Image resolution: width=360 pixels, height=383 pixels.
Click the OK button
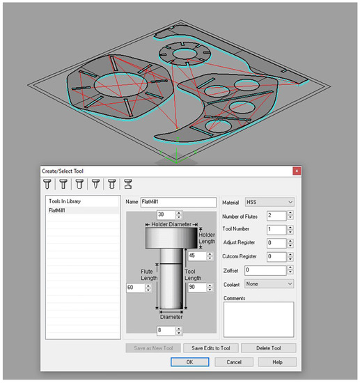pyautogui.click(x=190, y=362)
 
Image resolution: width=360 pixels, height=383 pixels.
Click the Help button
pyautogui.click(x=277, y=362)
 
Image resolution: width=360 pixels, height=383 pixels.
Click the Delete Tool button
pyautogui.click(x=268, y=348)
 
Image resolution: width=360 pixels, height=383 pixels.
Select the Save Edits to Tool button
pyautogui.click(x=211, y=348)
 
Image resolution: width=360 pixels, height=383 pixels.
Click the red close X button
pyautogui.click(x=297, y=171)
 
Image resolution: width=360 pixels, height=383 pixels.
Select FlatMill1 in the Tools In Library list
pyautogui.click(x=57, y=210)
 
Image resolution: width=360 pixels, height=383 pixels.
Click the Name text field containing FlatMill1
pyautogui.click(x=178, y=202)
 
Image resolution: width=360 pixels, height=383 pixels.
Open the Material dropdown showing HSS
pyautogui.click(x=269, y=202)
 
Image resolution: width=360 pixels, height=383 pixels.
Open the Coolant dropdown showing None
pyautogui.click(x=269, y=284)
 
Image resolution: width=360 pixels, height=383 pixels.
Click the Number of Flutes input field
pyautogui.click(x=276, y=216)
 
